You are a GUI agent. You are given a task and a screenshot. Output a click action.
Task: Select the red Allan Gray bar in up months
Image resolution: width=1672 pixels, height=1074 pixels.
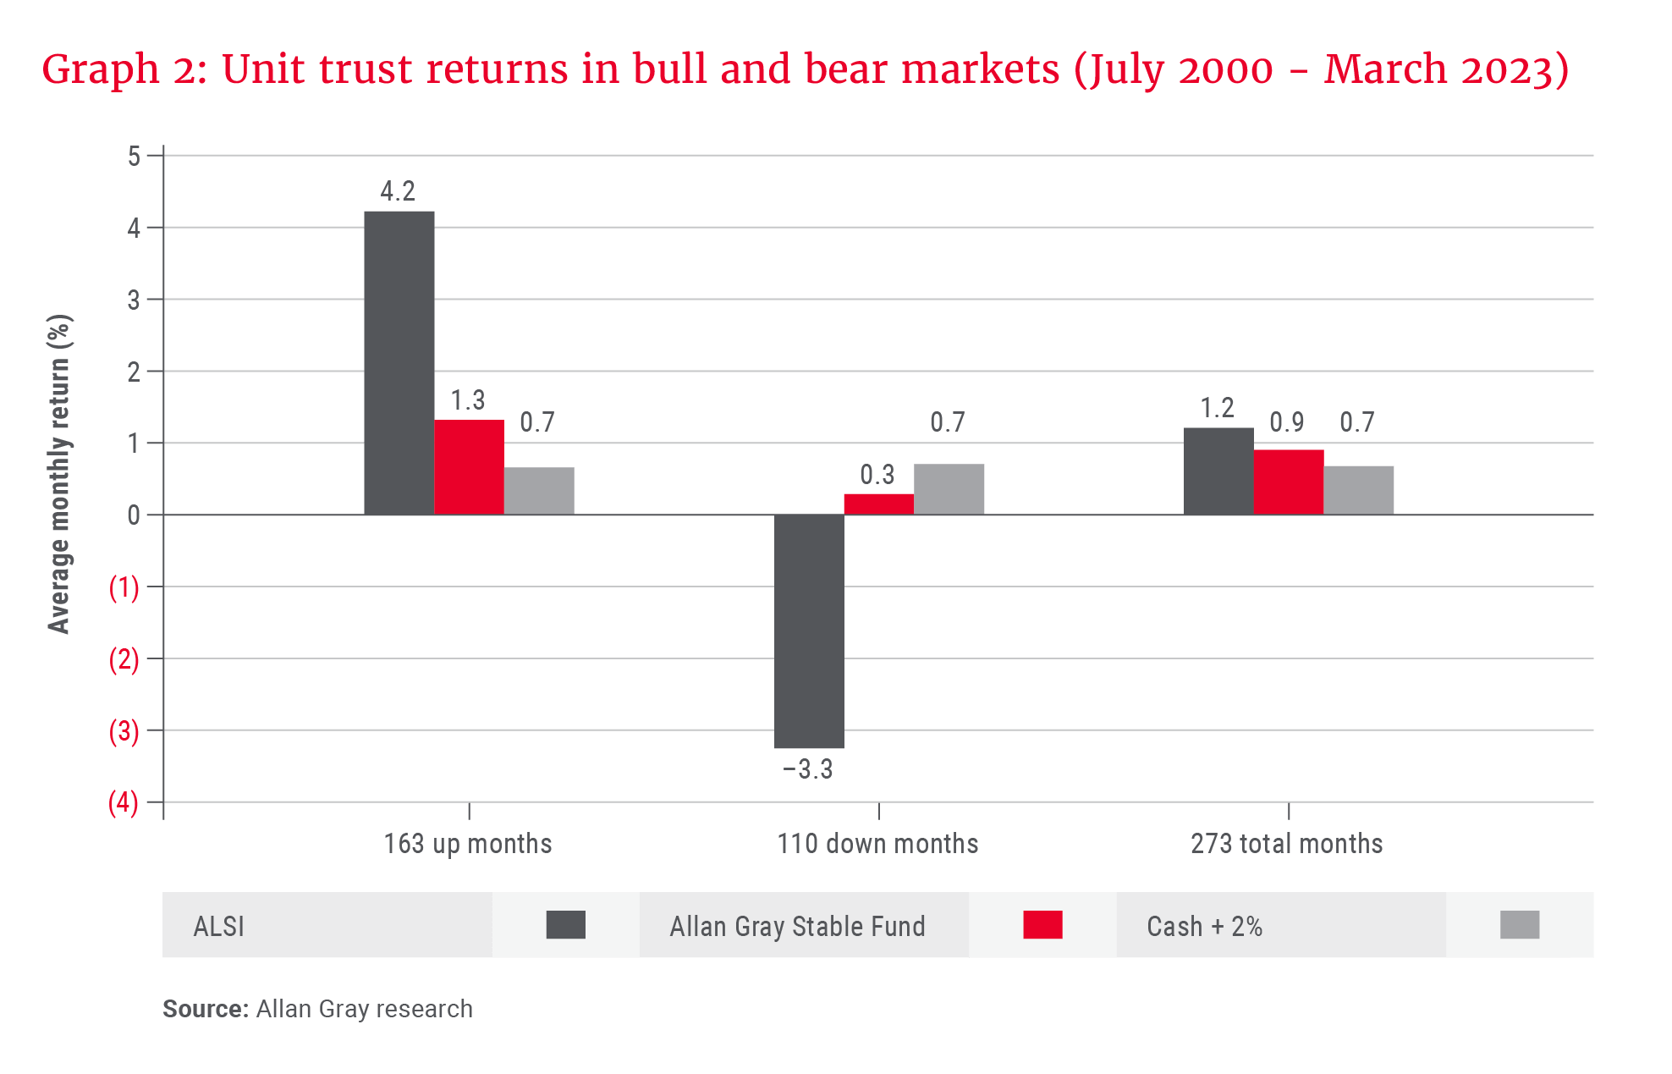(469, 467)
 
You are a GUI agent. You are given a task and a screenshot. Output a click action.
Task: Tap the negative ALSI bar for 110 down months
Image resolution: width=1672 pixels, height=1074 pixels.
(809, 631)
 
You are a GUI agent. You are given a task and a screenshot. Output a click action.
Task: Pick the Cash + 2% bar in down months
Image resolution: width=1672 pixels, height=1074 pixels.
(949, 489)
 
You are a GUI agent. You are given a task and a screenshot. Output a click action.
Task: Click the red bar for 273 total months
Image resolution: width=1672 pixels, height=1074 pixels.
(1288, 482)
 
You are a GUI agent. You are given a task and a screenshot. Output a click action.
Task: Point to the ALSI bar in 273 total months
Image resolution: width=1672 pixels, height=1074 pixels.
(1218, 471)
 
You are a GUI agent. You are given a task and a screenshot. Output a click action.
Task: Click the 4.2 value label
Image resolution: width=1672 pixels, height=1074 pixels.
(398, 191)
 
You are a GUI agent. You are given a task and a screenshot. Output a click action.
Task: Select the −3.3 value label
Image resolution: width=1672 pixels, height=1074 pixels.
(808, 769)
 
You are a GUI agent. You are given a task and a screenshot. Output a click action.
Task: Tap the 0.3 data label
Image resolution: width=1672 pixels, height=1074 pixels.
(877, 475)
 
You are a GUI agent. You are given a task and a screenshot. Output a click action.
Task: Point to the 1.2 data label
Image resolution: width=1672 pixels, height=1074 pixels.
(1218, 409)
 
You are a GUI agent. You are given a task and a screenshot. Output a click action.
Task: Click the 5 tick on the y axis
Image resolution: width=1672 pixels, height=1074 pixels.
(134, 156)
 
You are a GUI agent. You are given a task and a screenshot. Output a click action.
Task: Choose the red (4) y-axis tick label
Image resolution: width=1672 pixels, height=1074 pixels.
(124, 802)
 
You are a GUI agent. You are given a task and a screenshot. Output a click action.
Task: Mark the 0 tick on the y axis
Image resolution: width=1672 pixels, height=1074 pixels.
(134, 515)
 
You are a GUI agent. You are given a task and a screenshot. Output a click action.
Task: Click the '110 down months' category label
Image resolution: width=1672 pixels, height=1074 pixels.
(877, 844)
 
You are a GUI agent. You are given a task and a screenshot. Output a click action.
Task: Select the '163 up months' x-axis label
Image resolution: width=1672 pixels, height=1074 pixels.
(468, 844)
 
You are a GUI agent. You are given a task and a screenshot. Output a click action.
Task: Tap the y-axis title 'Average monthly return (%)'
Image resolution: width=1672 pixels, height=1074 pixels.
(59, 474)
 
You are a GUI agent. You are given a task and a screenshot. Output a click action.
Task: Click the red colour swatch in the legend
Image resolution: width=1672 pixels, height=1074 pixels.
(1042, 925)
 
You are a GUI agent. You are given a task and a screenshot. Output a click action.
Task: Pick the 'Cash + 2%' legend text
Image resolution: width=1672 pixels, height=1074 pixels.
(1204, 927)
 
